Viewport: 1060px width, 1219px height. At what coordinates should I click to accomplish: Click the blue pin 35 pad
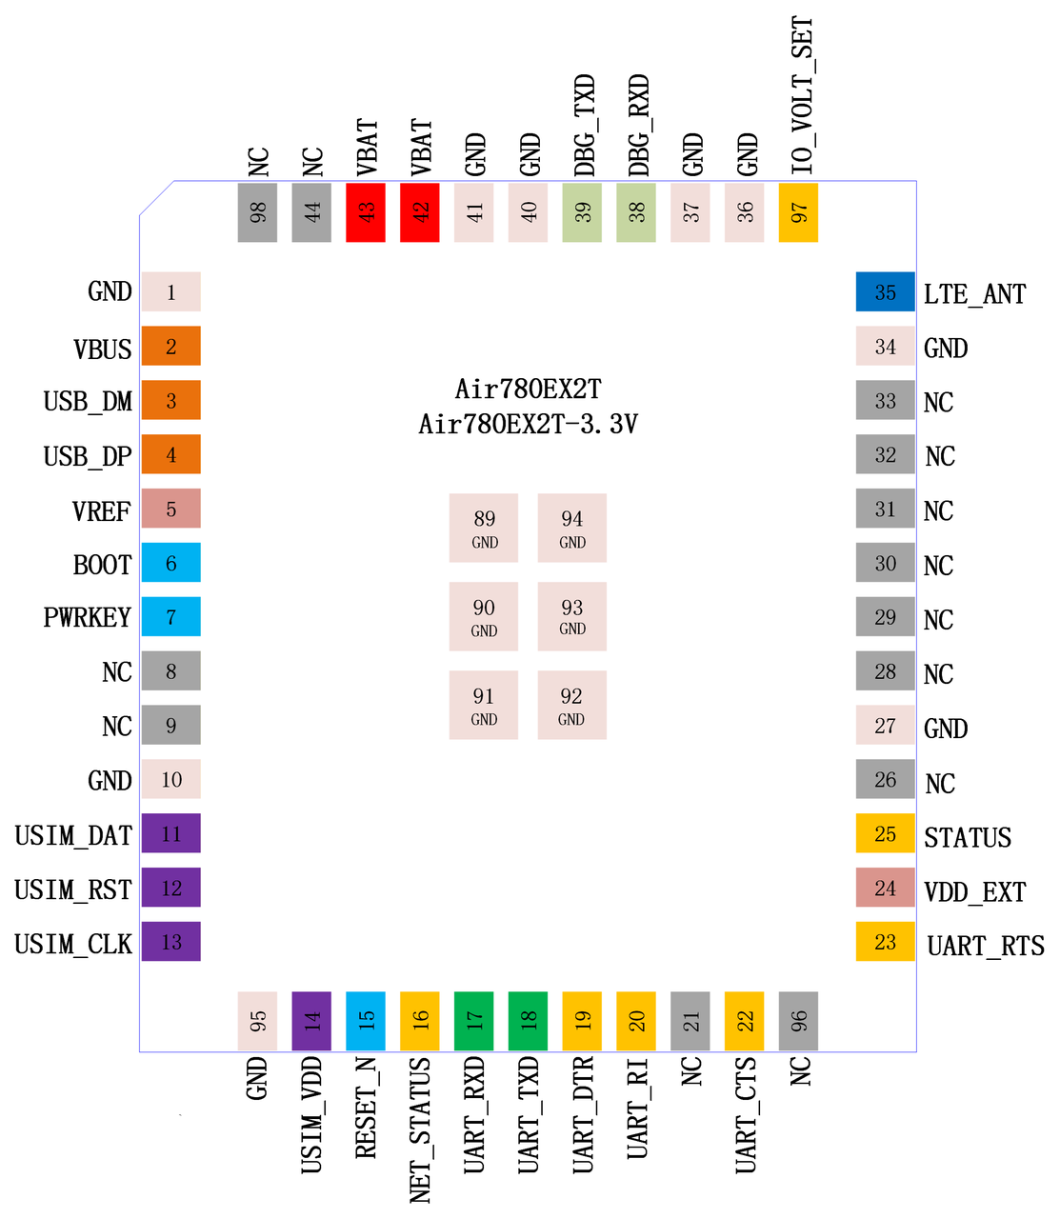pos(885,291)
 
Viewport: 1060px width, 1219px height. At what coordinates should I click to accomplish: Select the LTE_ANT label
pos(974,294)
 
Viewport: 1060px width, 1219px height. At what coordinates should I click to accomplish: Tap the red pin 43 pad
pos(366,212)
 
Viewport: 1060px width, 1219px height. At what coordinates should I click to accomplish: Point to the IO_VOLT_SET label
pos(802,95)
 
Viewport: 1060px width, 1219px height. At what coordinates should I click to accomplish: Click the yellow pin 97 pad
pos(798,212)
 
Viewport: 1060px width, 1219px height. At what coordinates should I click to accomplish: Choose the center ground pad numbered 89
pos(483,528)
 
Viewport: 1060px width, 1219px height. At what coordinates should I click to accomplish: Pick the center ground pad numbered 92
pos(572,705)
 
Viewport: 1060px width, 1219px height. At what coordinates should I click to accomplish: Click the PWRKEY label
pos(87,617)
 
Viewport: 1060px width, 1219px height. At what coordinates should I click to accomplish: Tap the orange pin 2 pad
pos(171,346)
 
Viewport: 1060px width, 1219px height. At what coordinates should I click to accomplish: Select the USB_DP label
pos(88,456)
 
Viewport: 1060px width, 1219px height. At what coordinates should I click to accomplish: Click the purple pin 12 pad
pos(171,888)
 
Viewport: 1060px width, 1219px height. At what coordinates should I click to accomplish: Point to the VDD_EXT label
pos(975,892)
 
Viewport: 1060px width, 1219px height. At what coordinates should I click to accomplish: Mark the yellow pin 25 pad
pos(885,833)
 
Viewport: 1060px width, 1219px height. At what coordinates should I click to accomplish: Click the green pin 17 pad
pos(473,1021)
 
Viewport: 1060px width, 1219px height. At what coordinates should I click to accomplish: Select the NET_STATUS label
pos(421,1129)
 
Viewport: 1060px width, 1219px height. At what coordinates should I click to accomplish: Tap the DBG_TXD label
pos(585,125)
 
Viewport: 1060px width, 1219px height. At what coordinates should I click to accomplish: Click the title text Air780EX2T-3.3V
pos(528,424)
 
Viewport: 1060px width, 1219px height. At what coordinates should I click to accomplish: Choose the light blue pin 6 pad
pos(171,562)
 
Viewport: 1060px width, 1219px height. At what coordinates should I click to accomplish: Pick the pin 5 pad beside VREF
pos(171,509)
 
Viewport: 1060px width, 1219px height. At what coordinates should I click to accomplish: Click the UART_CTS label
pos(746,1115)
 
